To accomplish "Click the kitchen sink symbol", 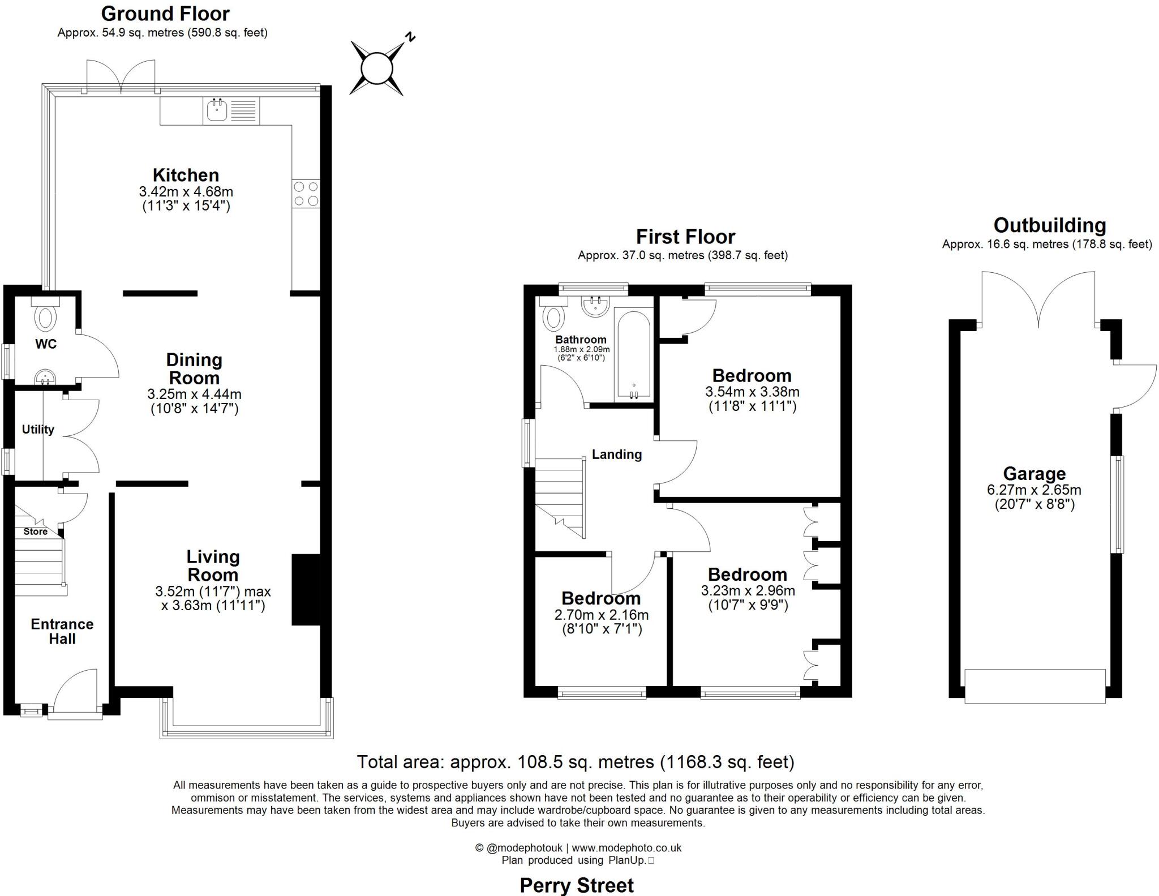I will (217, 110).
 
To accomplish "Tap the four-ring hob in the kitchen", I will (306, 194).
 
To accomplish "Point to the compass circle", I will (376, 68).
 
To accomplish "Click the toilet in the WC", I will (45, 316).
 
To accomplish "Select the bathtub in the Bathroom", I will (634, 354).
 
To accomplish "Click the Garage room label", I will (1034, 473).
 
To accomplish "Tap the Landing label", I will (616, 455).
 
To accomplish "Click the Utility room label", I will (38, 430).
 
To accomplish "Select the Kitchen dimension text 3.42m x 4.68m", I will (186, 192).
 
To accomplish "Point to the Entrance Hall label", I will (62, 631).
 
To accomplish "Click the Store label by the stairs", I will (35, 531).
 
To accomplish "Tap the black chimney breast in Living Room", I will (306, 589).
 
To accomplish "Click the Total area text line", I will (575, 762).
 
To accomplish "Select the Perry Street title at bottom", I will (576, 885).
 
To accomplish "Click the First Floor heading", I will (685, 236).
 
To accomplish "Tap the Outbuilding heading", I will (1049, 225).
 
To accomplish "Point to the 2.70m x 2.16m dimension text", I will (601, 615).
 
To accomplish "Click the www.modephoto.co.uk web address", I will (626, 848).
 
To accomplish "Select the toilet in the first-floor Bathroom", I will (553, 317).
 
